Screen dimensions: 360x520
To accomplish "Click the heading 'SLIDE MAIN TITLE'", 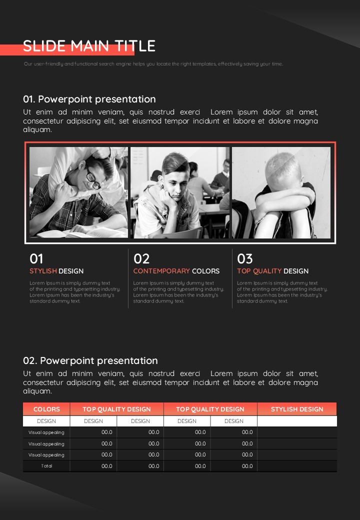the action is (x=89, y=46).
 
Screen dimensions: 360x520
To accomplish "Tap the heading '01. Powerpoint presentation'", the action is (x=89, y=99).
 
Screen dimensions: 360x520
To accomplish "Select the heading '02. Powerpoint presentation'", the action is (x=90, y=360).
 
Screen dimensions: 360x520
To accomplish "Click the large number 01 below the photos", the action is (x=36, y=258).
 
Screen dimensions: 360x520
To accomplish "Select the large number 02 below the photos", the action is (x=141, y=258).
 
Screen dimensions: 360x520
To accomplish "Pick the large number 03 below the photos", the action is (x=245, y=258).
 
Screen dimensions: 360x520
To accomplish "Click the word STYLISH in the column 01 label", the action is (x=43, y=271).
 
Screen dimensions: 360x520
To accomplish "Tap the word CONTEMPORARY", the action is (x=161, y=271).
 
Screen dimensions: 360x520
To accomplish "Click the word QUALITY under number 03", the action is (x=267, y=271).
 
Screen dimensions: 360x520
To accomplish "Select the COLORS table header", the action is (x=46, y=409).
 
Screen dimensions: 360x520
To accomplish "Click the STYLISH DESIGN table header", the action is (x=297, y=409).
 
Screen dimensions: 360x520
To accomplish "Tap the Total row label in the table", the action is (x=46, y=466).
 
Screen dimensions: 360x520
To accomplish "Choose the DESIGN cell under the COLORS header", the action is (x=46, y=421).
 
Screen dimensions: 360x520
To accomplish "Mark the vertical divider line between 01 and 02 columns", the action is (x=128, y=278).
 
